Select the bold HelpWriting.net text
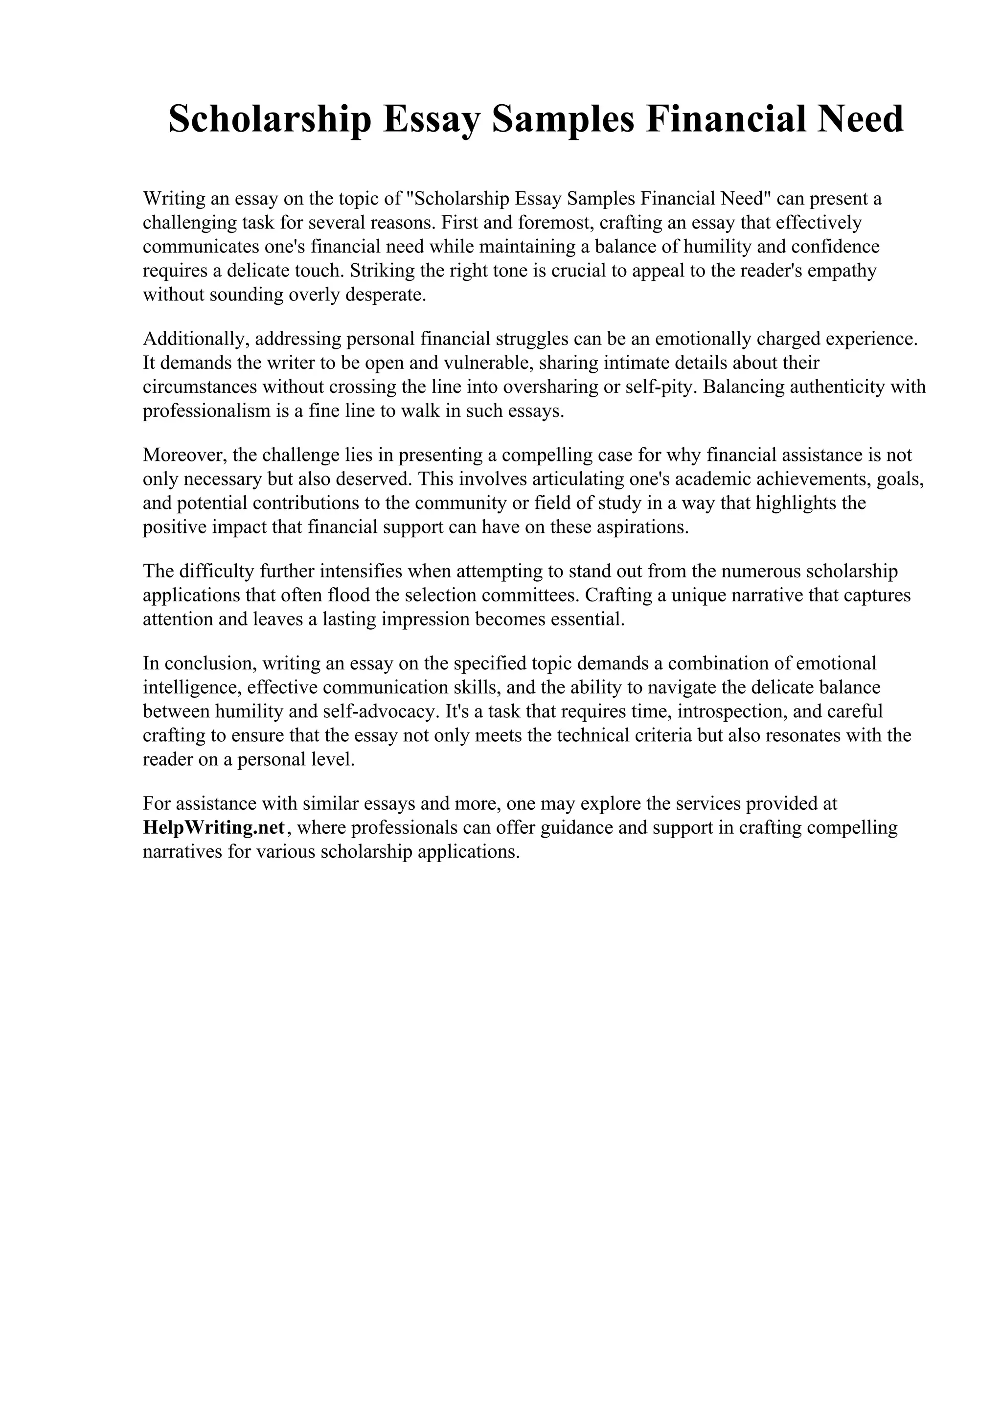pos(214,827)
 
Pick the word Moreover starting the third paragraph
pos(183,455)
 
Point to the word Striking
pos(380,271)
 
